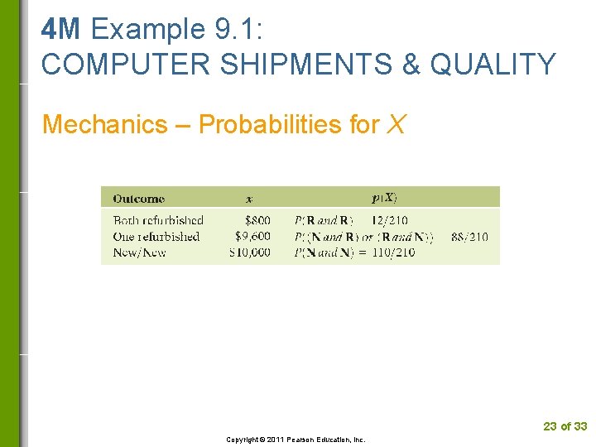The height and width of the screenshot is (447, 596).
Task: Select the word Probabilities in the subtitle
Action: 272,124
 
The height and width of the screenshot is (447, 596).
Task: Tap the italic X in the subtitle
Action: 396,124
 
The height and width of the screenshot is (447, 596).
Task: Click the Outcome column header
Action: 138,199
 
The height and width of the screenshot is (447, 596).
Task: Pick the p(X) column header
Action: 384,198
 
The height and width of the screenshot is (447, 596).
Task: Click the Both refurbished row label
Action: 158,220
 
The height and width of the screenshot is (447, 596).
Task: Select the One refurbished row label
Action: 156,236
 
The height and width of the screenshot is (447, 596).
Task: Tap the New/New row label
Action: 139,252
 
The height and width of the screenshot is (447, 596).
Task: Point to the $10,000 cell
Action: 249,252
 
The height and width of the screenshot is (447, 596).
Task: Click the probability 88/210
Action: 469,237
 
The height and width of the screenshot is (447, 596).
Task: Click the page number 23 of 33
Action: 565,426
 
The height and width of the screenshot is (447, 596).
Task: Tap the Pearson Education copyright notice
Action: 296,440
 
